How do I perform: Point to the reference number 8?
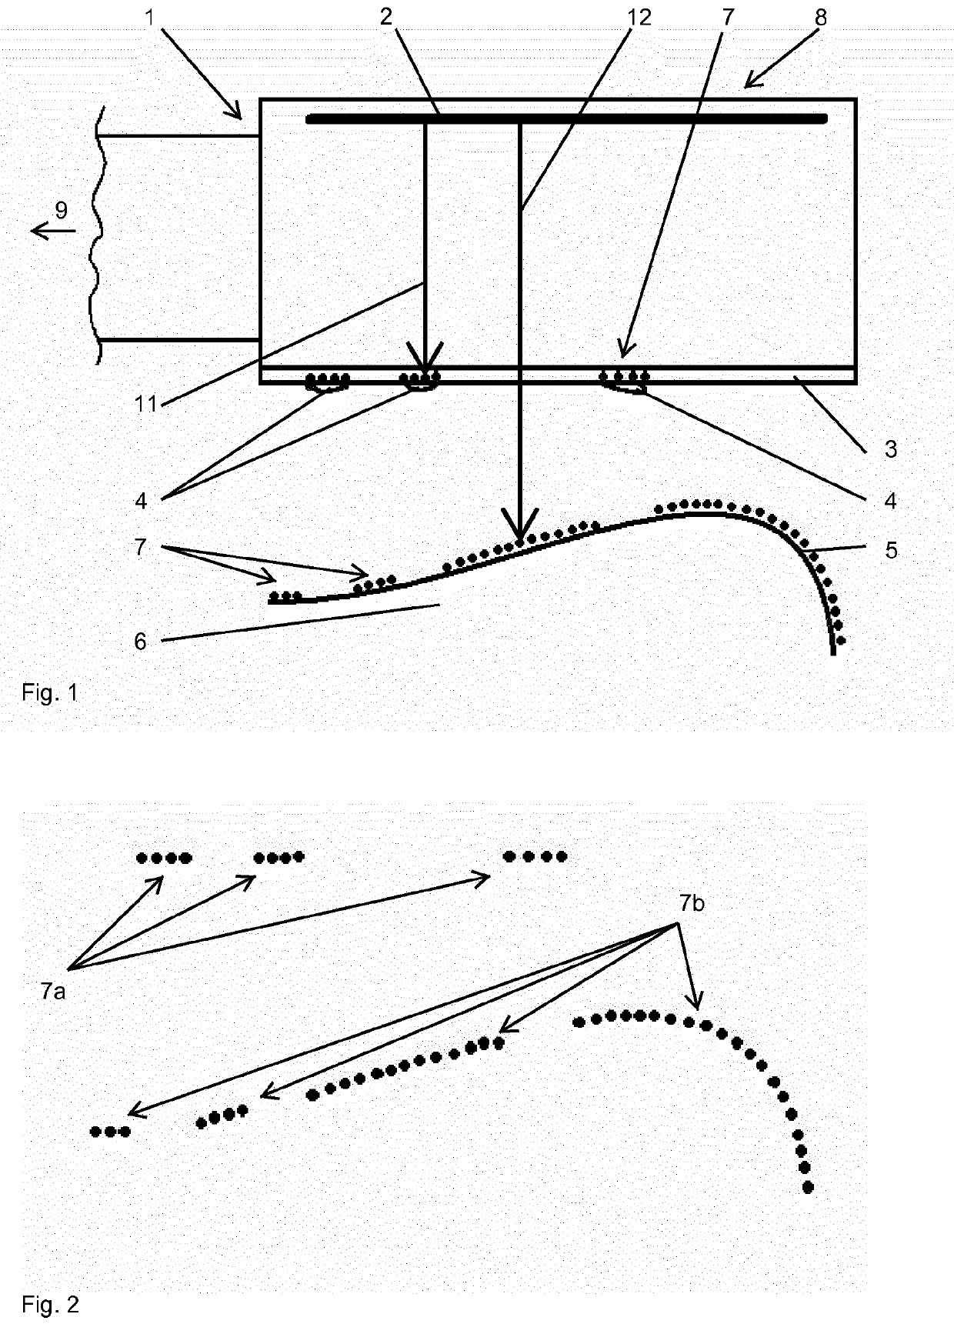821,17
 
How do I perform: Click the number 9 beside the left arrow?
61,208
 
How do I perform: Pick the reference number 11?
145,403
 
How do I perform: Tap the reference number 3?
890,449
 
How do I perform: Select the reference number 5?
890,550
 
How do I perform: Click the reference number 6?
140,641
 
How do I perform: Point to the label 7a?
53,992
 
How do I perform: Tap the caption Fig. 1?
49,693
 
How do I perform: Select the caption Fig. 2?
49,1304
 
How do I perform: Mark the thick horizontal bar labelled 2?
565,119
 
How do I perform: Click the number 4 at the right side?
890,501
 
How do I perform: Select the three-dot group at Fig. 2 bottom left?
110,1131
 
